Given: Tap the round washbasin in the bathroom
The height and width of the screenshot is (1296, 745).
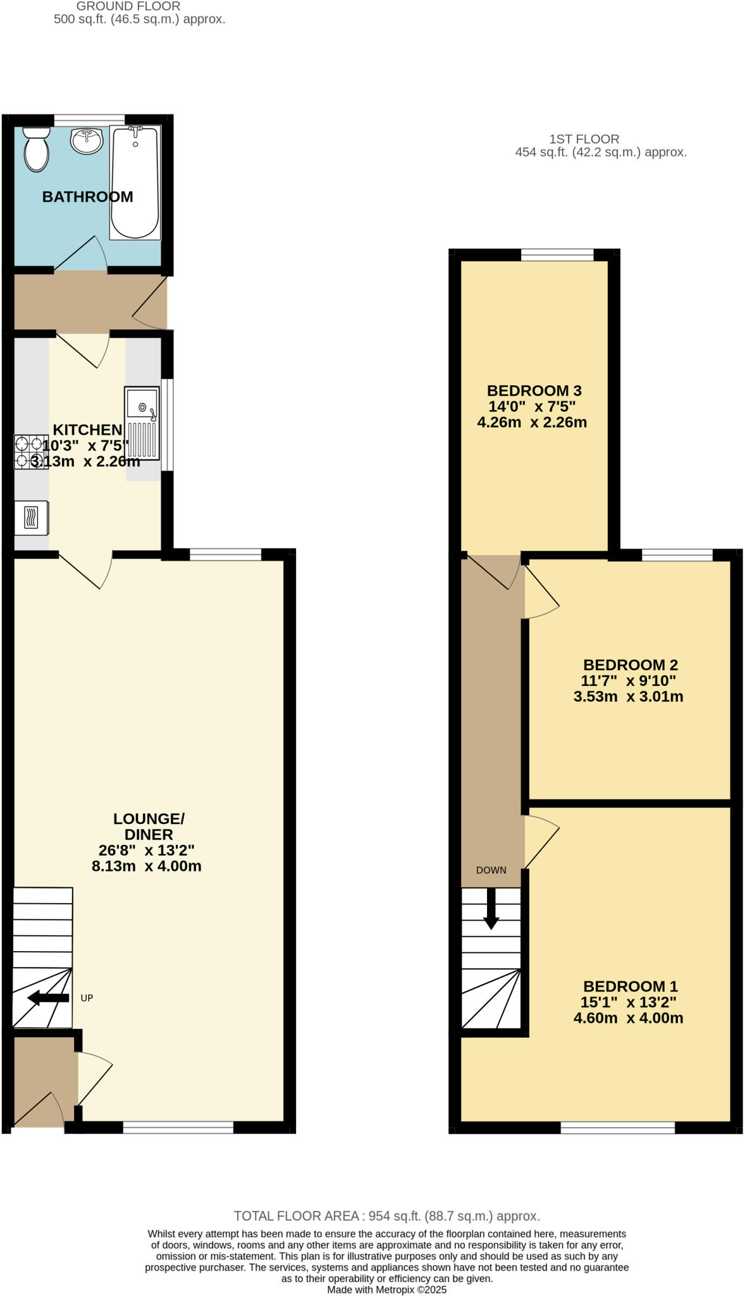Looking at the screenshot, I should (x=87, y=141).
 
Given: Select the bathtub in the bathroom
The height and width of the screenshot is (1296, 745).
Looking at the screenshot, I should (x=135, y=183).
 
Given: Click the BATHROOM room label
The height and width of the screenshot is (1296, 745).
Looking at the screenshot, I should (x=87, y=197).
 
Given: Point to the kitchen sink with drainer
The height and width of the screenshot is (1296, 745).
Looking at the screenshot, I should (x=142, y=423).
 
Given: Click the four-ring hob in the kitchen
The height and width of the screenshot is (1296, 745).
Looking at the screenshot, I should (x=31, y=452).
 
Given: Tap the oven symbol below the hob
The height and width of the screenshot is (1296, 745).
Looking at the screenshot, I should (x=32, y=518).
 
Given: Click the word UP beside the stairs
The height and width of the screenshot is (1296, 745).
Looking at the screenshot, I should (x=87, y=998).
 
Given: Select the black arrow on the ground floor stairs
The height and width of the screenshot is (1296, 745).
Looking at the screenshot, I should (x=49, y=998).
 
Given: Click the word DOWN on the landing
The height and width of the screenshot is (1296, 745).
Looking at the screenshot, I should (x=491, y=870).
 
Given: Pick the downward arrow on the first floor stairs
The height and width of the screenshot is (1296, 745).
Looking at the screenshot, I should (x=491, y=909).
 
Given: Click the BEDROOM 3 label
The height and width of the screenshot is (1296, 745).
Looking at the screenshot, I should (x=534, y=390).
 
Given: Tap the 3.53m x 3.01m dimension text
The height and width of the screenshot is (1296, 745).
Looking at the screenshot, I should (x=628, y=697).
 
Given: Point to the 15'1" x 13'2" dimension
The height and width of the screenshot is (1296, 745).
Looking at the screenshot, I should (x=628, y=1002).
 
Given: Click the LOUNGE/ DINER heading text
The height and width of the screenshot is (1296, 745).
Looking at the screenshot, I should (x=149, y=826).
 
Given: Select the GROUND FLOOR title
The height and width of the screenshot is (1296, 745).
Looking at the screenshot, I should (x=128, y=6).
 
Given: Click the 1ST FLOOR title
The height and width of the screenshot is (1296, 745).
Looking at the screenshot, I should (x=584, y=139).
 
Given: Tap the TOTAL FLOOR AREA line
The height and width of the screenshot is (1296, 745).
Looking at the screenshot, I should (x=386, y=1216).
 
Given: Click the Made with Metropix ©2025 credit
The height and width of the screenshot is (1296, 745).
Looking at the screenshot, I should (x=386, y=1290).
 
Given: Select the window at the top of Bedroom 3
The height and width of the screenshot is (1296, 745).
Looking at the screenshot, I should (x=557, y=255).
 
